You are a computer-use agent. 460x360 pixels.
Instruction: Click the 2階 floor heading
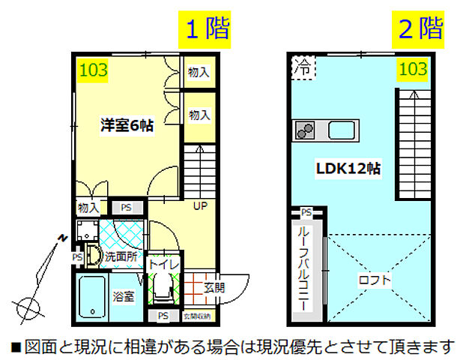point(420,29)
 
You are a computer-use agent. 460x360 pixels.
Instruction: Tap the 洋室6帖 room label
point(127,125)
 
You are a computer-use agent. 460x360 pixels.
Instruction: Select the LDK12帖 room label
point(348,169)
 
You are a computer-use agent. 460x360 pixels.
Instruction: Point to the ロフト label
point(375,280)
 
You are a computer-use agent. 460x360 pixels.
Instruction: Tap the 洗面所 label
point(119,256)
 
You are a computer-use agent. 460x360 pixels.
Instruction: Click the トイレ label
point(163,264)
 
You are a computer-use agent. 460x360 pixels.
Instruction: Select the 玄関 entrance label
point(214,286)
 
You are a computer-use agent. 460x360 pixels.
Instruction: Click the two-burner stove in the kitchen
point(305,130)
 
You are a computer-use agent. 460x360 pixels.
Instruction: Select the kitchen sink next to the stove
point(343,130)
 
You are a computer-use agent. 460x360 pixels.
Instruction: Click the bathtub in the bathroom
point(93,297)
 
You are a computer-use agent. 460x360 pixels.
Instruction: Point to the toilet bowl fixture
point(163,289)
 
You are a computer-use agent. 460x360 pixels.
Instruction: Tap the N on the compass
point(64,238)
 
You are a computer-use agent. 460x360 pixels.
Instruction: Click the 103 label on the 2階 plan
point(413,69)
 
